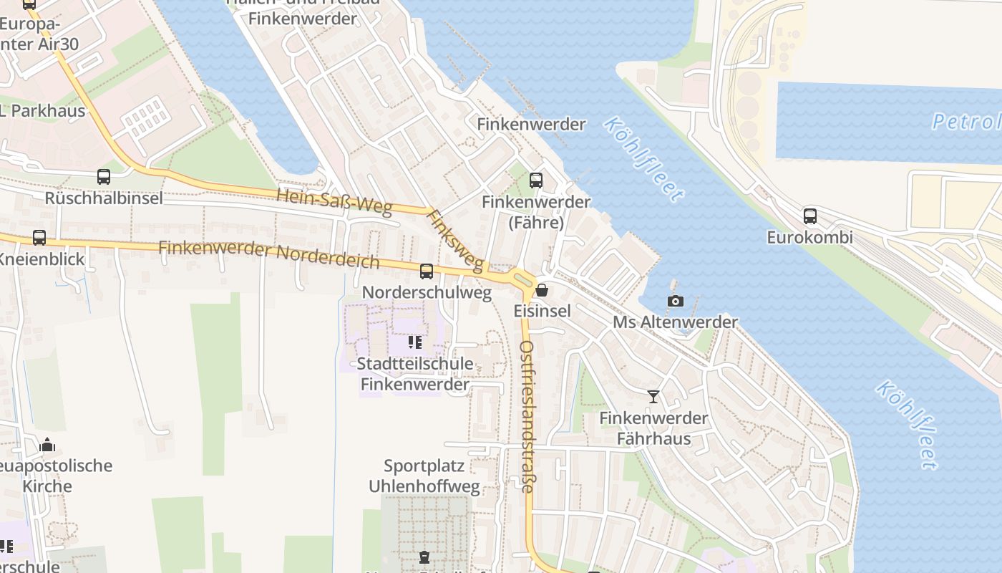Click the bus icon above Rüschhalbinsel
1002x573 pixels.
tap(104, 176)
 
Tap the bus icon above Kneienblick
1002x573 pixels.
tap(39, 237)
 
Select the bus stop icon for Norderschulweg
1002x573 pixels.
tap(427, 271)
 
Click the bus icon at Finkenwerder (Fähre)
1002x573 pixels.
tap(536, 180)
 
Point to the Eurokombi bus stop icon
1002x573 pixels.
tap(809, 216)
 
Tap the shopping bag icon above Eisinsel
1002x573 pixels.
tap(542, 290)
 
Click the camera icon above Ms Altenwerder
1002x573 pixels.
tap(675, 301)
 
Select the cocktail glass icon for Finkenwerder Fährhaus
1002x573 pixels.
tap(653, 396)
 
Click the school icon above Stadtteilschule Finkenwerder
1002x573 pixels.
tap(415, 342)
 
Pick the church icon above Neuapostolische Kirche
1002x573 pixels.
tap(47, 445)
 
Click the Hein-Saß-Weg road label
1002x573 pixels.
tap(334, 202)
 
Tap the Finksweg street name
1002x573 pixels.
tap(455, 241)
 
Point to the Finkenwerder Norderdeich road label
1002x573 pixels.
tap(268, 254)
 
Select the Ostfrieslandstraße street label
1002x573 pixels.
tap(527, 416)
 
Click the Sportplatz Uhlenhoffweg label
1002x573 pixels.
tap(424, 476)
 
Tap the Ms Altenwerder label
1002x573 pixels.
tap(675, 322)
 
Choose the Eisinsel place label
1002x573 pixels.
tap(543, 311)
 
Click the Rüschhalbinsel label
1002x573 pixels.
tap(104, 198)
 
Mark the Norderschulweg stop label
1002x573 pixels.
tap(427, 292)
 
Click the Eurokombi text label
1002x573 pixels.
tap(809, 237)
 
